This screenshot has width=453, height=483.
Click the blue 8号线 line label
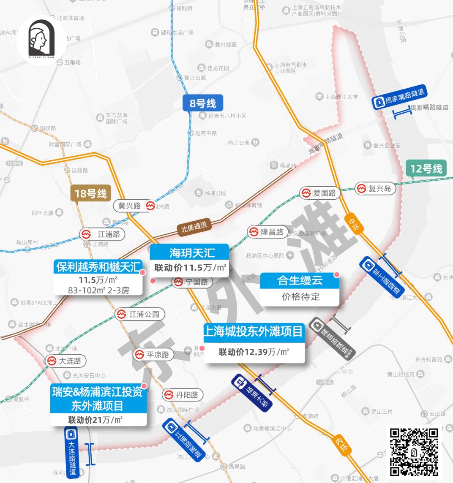coord(203,103)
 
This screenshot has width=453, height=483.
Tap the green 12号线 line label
coord(426,169)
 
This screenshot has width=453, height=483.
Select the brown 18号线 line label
coord(90,194)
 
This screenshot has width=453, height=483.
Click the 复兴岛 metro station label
coord(375,188)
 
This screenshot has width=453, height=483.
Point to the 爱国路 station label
coord(319,193)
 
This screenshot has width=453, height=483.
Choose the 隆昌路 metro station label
coord(267,232)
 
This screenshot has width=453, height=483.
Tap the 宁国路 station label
coord(191,282)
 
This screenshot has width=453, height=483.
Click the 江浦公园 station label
coord(140,314)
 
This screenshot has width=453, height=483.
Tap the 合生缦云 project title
coord(300,280)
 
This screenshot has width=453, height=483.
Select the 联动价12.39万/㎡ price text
coord(254,352)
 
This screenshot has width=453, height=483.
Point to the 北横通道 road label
coord(194,225)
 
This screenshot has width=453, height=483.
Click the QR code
coord(413,451)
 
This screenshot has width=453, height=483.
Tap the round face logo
coord(41,40)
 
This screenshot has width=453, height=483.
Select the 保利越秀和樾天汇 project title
coord(98,267)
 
